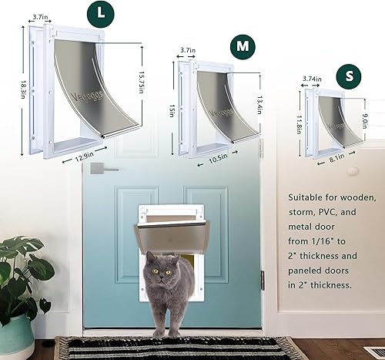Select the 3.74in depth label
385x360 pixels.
313,77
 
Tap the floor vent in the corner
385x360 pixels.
373,352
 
